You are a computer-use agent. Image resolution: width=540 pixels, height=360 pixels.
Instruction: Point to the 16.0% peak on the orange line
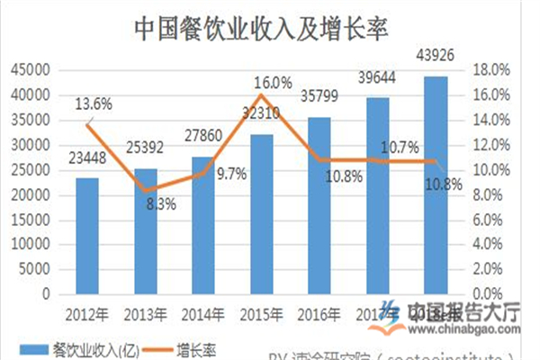261,94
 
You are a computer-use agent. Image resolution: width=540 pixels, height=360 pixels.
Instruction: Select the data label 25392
145,148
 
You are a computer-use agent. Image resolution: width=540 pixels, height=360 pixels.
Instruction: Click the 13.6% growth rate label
94,103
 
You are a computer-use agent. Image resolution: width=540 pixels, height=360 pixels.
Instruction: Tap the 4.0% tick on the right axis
495,244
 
